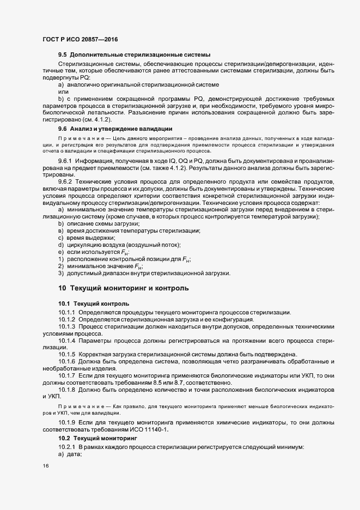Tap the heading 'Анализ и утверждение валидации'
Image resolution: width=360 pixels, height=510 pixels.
coord(123,129)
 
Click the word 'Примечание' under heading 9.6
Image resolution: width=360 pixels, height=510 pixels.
coord(76,140)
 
